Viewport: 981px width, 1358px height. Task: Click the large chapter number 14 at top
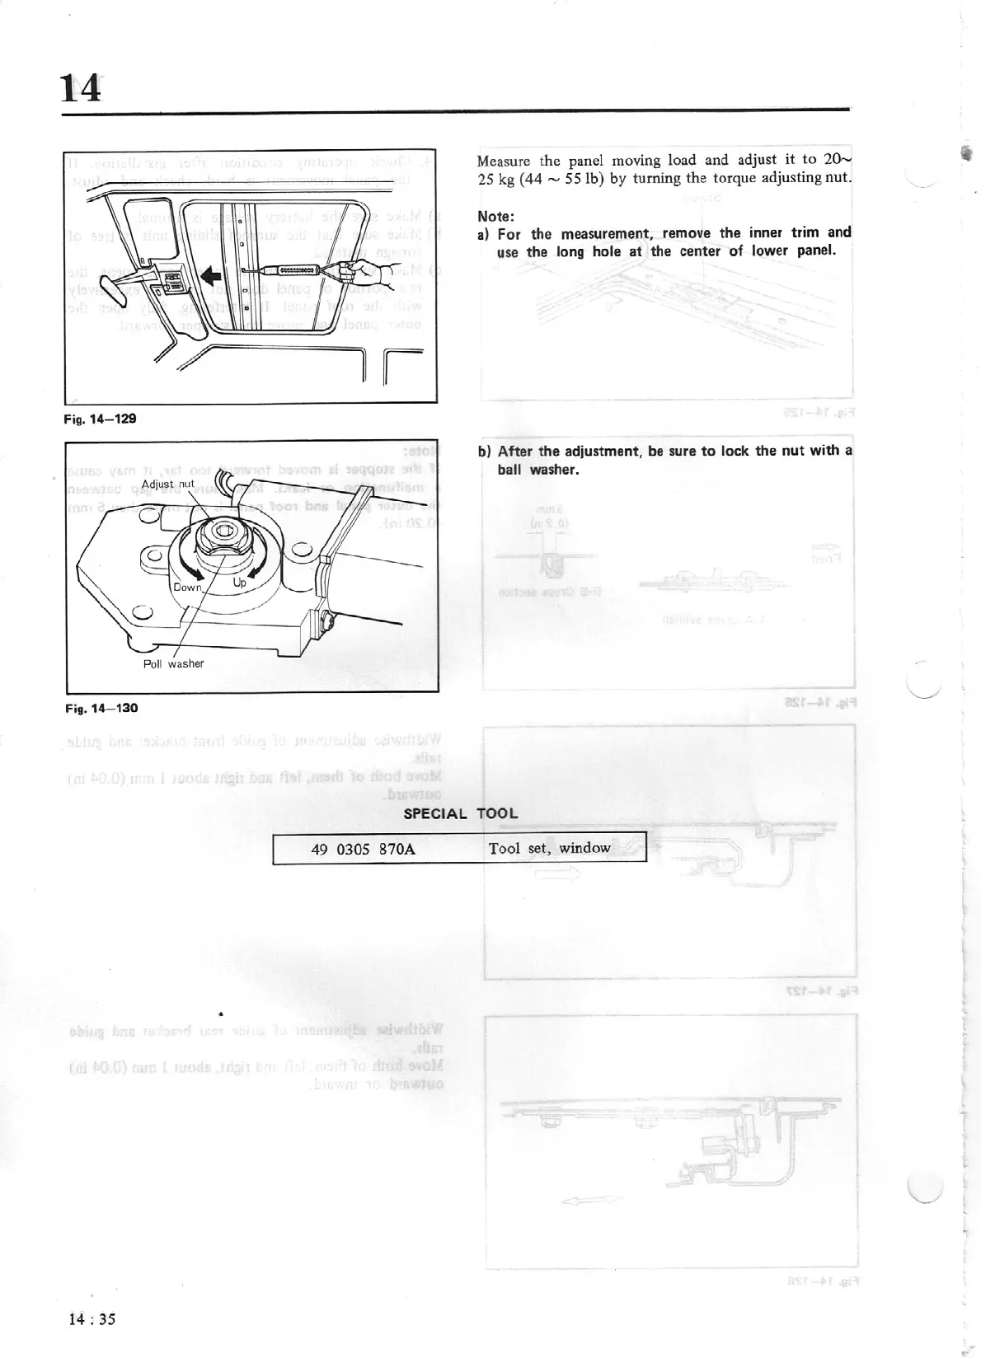pos(81,87)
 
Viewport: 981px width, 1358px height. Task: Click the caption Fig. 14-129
pos(100,419)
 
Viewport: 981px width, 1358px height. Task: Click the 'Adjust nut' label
pos(168,484)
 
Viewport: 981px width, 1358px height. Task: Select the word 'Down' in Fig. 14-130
pos(187,587)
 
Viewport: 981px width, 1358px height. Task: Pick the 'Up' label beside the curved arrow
pos(240,583)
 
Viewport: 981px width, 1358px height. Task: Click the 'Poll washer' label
pos(173,663)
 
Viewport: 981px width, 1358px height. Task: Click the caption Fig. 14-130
pos(101,708)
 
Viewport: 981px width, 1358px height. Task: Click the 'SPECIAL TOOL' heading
pos(460,813)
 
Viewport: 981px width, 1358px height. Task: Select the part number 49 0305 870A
pos(363,848)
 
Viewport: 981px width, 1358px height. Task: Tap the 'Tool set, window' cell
pos(550,848)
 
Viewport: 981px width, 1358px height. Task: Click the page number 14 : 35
pos(92,1318)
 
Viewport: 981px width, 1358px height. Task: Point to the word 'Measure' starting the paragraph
pos(504,161)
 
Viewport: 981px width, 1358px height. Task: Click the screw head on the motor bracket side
pos(327,618)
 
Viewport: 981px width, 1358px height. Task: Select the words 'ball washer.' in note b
pos(538,470)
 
